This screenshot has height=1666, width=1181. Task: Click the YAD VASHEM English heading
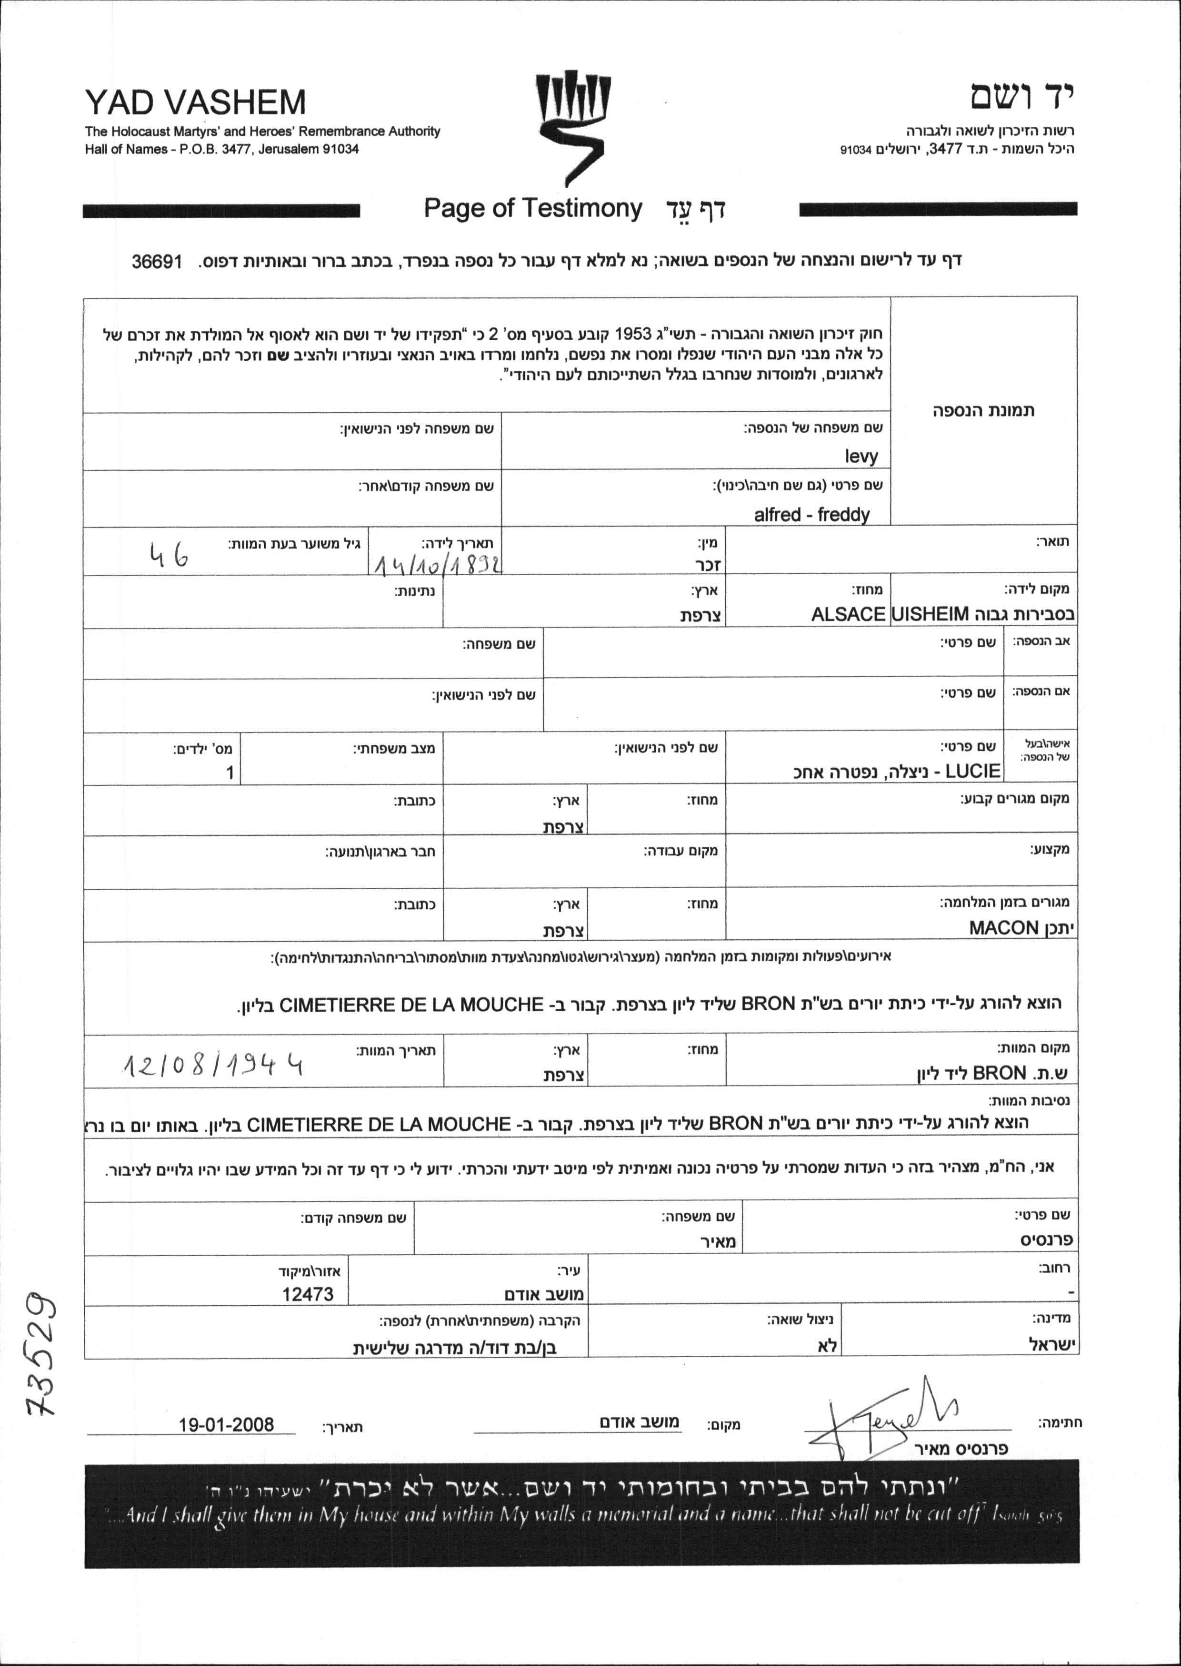[195, 102]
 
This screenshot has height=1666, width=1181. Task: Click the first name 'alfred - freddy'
[811, 514]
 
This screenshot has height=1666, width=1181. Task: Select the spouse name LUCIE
[973, 771]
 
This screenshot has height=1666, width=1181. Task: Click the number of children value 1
[230, 772]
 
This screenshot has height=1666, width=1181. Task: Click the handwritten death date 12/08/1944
[212, 1066]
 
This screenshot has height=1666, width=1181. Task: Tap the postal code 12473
[308, 1293]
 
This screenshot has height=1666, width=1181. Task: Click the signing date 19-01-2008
[226, 1424]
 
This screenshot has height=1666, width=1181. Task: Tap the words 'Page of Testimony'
[532, 209]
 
